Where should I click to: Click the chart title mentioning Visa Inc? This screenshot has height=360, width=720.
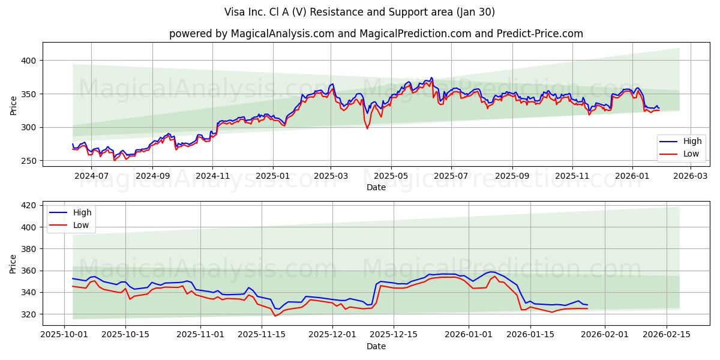[x=360, y=12]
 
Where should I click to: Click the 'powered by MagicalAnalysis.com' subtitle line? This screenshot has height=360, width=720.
[x=376, y=34]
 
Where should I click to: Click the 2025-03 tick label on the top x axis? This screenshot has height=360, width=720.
[x=331, y=176]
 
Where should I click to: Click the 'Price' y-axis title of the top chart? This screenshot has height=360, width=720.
[x=14, y=105]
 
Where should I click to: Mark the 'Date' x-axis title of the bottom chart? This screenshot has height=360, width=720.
[x=376, y=347]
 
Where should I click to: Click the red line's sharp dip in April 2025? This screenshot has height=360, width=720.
[x=367, y=128]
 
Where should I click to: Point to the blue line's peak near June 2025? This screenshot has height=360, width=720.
[x=431, y=77]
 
